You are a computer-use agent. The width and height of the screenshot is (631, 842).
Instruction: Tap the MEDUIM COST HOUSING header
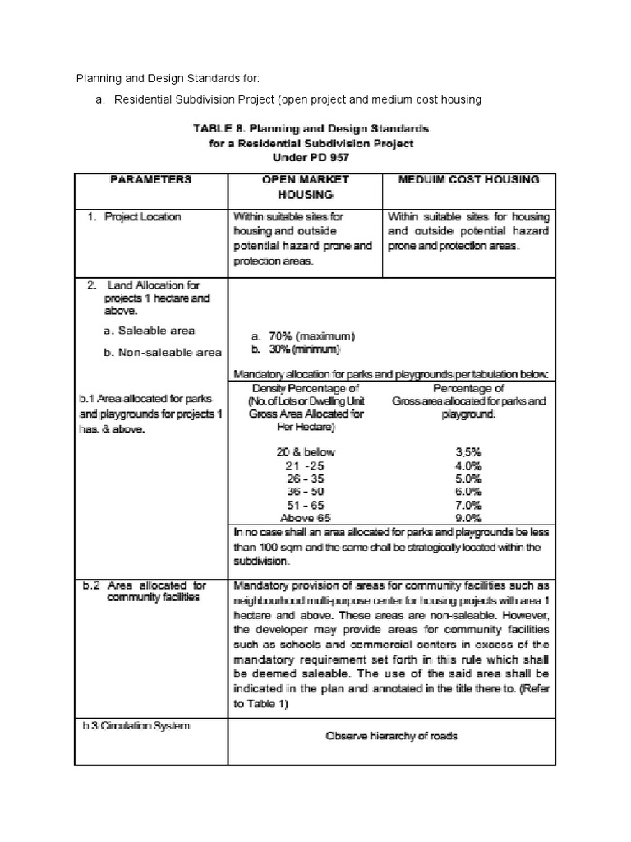[468, 178]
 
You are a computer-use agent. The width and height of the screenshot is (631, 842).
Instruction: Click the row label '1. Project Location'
[135, 217]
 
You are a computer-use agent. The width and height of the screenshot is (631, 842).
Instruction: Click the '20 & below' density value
[307, 452]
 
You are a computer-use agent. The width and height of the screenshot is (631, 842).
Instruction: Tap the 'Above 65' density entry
[306, 518]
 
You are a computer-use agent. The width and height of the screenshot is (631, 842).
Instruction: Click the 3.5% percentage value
[468, 452]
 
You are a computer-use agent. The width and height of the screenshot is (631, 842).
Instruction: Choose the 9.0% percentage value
[468, 518]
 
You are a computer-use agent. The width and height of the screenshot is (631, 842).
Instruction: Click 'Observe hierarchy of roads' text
[391, 737]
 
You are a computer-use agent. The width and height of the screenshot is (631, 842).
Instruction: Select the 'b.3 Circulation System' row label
[135, 726]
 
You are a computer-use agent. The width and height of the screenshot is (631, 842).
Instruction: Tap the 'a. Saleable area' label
[150, 331]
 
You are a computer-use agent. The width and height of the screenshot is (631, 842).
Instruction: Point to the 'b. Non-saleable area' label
[162, 352]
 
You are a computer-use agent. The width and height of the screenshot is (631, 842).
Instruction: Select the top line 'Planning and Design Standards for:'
[168, 78]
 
